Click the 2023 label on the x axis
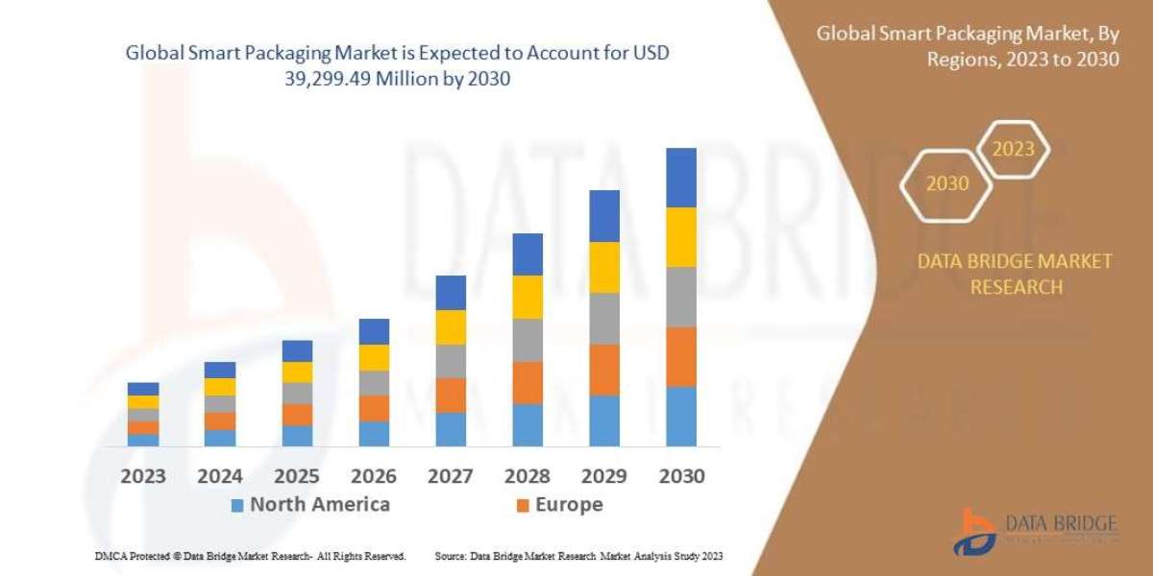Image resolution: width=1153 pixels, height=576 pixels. click(x=143, y=476)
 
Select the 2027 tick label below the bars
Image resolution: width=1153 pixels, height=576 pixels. click(x=451, y=476)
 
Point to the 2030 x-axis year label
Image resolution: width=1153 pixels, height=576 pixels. click(x=681, y=476)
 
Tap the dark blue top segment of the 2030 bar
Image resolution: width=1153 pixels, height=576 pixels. click(x=681, y=178)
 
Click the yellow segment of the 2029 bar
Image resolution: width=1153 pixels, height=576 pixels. click(x=604, y=267)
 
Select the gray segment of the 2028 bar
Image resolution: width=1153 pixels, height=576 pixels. click(x=527, y=340)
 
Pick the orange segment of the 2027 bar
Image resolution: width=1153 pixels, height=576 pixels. click(x=451, y=395)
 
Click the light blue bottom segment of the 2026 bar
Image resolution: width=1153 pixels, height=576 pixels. click(x=374, y=434)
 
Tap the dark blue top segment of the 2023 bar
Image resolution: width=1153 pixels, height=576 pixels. click(x=143, y=389)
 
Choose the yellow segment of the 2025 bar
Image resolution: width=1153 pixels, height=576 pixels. click(x=297, y=372)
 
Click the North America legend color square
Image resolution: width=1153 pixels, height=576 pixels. click(x=237, y=505)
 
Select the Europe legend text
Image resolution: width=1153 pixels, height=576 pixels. click(x=569, y=504)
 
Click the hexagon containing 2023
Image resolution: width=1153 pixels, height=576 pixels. click(x=1013, y=150)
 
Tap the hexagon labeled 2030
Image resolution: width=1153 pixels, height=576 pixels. click(x=947, y=183)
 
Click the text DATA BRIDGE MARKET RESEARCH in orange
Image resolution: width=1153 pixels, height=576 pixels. click(x=1016, y=274)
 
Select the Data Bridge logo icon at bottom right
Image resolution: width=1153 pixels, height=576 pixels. click(x=976, y=531)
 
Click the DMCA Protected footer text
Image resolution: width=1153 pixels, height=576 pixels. click(x=249, y=556)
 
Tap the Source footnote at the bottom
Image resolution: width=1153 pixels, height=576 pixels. click(x=578, y=556)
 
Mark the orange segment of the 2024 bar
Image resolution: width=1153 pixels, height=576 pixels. click(x=220, y=420)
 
